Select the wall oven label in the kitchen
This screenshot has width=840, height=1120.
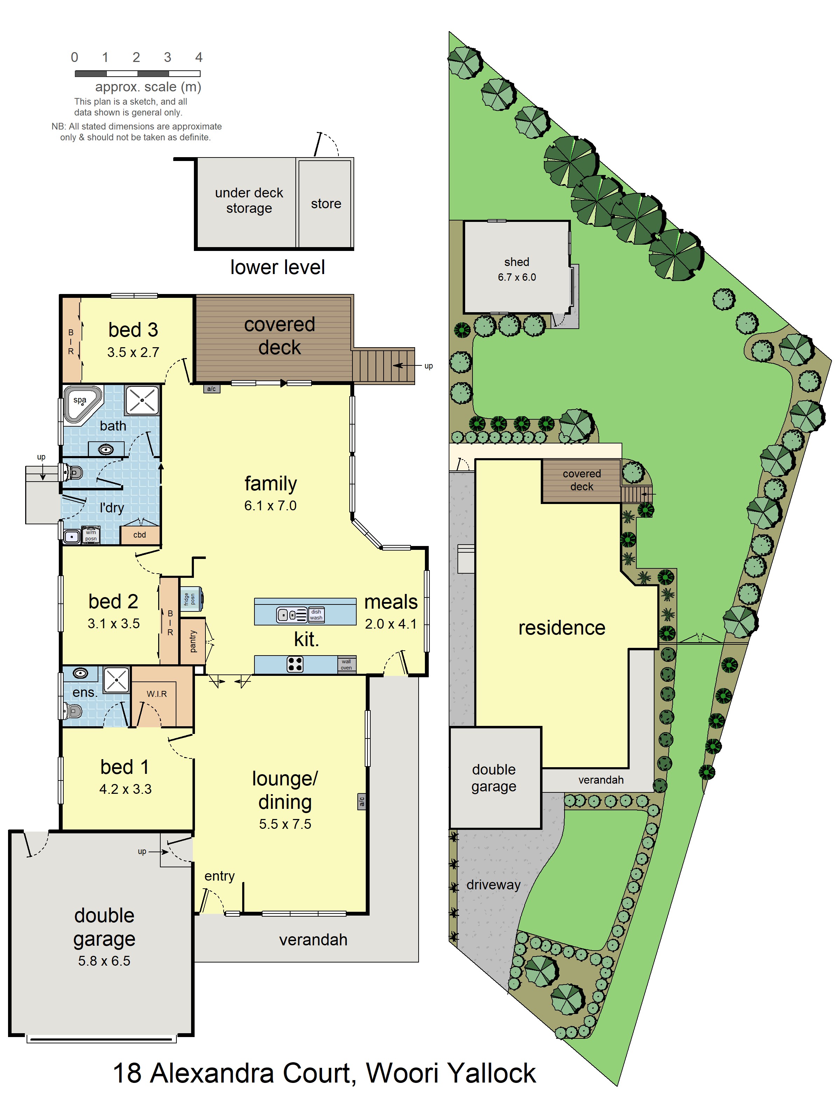click(346, 664)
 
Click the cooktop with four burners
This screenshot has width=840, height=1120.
click(295, 664)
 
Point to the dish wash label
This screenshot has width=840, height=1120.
click(316, 615)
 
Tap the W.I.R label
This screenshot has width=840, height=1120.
click(156, 694)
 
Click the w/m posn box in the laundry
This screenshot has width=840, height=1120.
click(91, 535)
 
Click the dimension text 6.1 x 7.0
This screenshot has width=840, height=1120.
click(271, 505)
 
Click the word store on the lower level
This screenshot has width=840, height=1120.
click(326, 204)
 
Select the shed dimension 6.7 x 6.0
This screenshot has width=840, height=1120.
click(517, 277)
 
